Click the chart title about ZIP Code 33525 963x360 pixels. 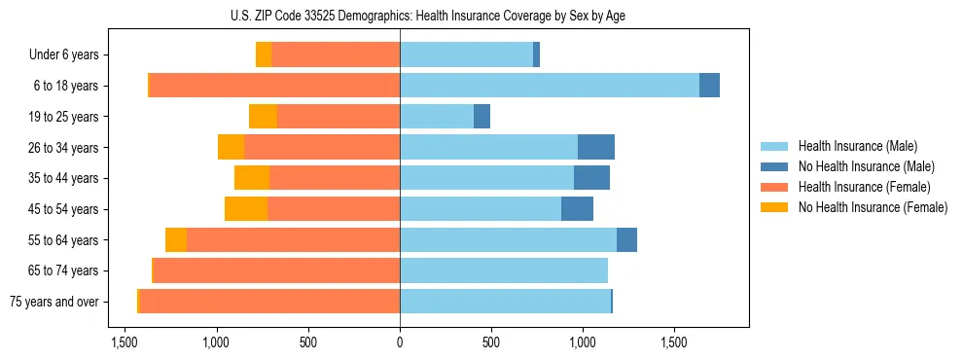click(481, 16)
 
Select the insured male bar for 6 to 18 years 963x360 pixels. click(549, 86)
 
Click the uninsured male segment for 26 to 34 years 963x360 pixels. click(595, 147)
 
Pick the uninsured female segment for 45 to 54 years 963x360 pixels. click(246, 209)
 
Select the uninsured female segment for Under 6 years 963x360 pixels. click(264, 54)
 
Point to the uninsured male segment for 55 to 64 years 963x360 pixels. click(626, 239)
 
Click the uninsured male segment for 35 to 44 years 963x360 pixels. click(591, 178)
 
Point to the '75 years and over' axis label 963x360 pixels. click(53, 302)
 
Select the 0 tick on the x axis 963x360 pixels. click(400, 342)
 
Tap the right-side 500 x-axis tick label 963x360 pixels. click(491, 342)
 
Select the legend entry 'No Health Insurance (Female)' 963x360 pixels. click(872, 207)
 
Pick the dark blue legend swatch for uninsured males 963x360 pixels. click(774, 166)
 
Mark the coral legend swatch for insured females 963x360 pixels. click(774, 187)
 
